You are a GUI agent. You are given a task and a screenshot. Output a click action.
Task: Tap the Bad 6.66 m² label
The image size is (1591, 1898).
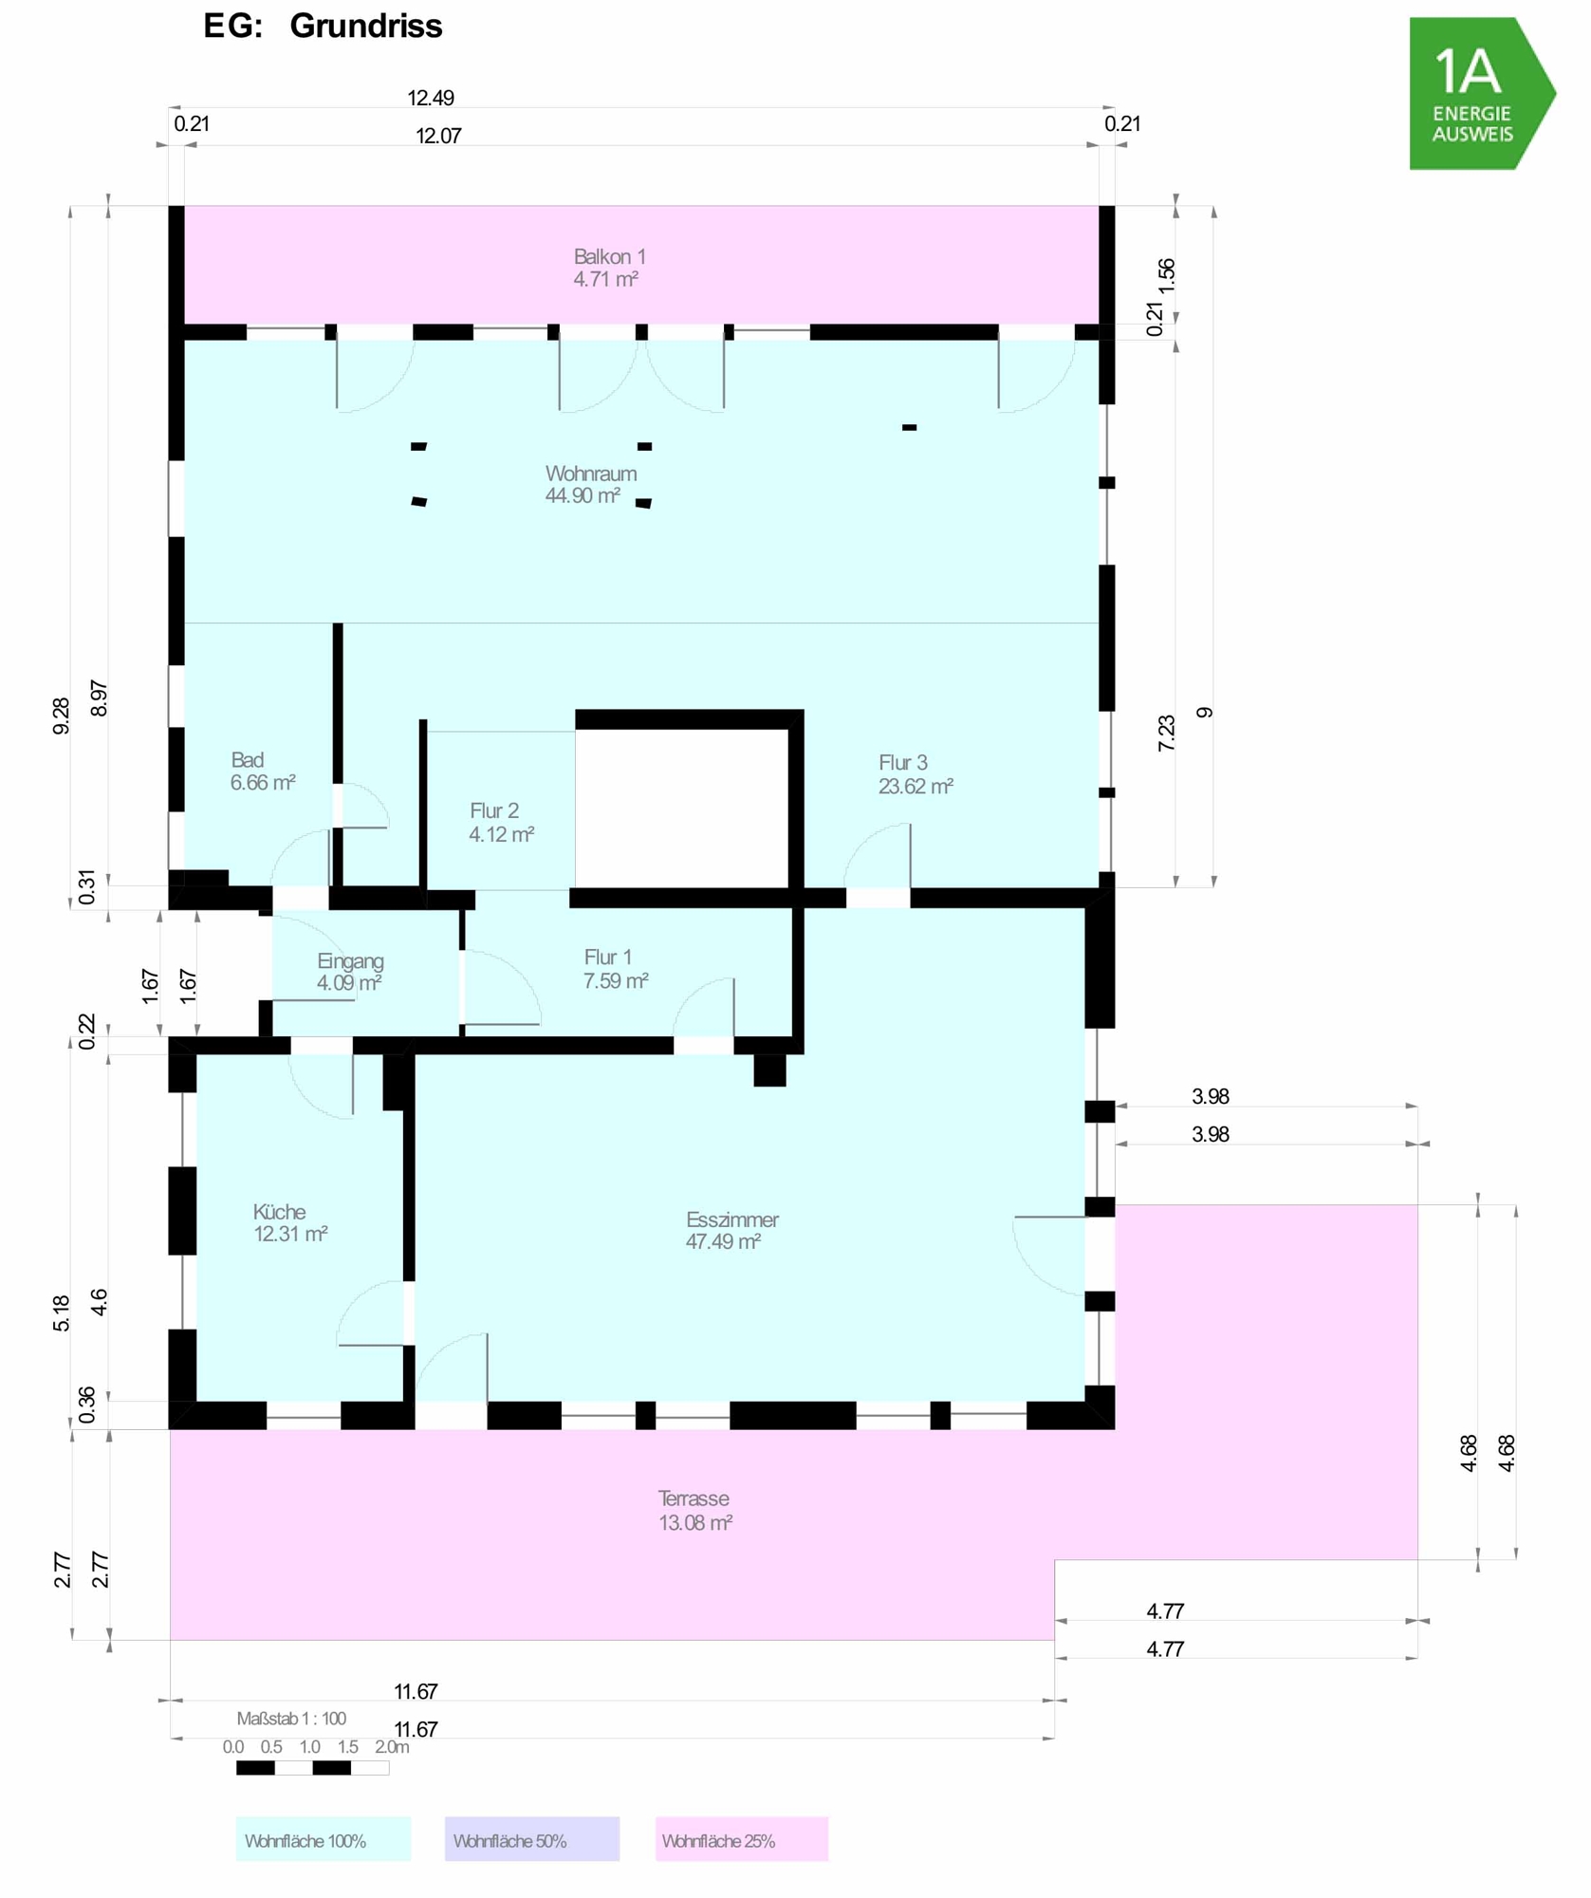[263, 772]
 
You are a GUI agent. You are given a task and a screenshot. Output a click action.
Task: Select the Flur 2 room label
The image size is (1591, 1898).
[501, 823]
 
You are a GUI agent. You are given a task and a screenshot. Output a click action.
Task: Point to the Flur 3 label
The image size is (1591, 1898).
[916, 774]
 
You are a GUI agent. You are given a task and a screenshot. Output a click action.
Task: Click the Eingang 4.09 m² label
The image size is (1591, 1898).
[349, 972]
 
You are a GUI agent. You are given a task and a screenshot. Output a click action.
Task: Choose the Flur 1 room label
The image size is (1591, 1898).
[616, 969]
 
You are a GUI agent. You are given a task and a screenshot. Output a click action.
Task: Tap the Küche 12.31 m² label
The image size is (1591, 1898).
[290, 1222]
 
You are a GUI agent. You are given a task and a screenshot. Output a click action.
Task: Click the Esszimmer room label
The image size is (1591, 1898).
[731, 1230]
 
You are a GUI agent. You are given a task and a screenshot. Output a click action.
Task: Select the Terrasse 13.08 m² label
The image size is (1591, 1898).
[695, 1510]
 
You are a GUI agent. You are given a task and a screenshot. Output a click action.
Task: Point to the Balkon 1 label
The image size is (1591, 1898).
[609, 268]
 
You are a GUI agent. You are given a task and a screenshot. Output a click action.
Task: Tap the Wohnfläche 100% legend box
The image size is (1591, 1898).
[323, 1838]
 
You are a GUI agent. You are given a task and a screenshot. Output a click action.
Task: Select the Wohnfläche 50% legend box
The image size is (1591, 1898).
[531, 1838]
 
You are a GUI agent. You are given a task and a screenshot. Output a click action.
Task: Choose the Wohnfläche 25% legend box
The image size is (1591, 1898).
[741, 1838]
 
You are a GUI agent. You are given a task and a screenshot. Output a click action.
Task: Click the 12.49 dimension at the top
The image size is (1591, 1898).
[431, 98]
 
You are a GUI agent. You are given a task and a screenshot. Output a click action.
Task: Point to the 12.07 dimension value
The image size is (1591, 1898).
[438, 136]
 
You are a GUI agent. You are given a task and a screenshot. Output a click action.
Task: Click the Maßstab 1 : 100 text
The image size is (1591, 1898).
[291, 1718]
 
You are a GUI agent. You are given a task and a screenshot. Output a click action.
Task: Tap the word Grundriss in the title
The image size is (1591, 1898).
[366, 26]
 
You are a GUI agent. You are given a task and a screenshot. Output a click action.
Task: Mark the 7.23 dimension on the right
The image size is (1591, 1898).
[1166, 733]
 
